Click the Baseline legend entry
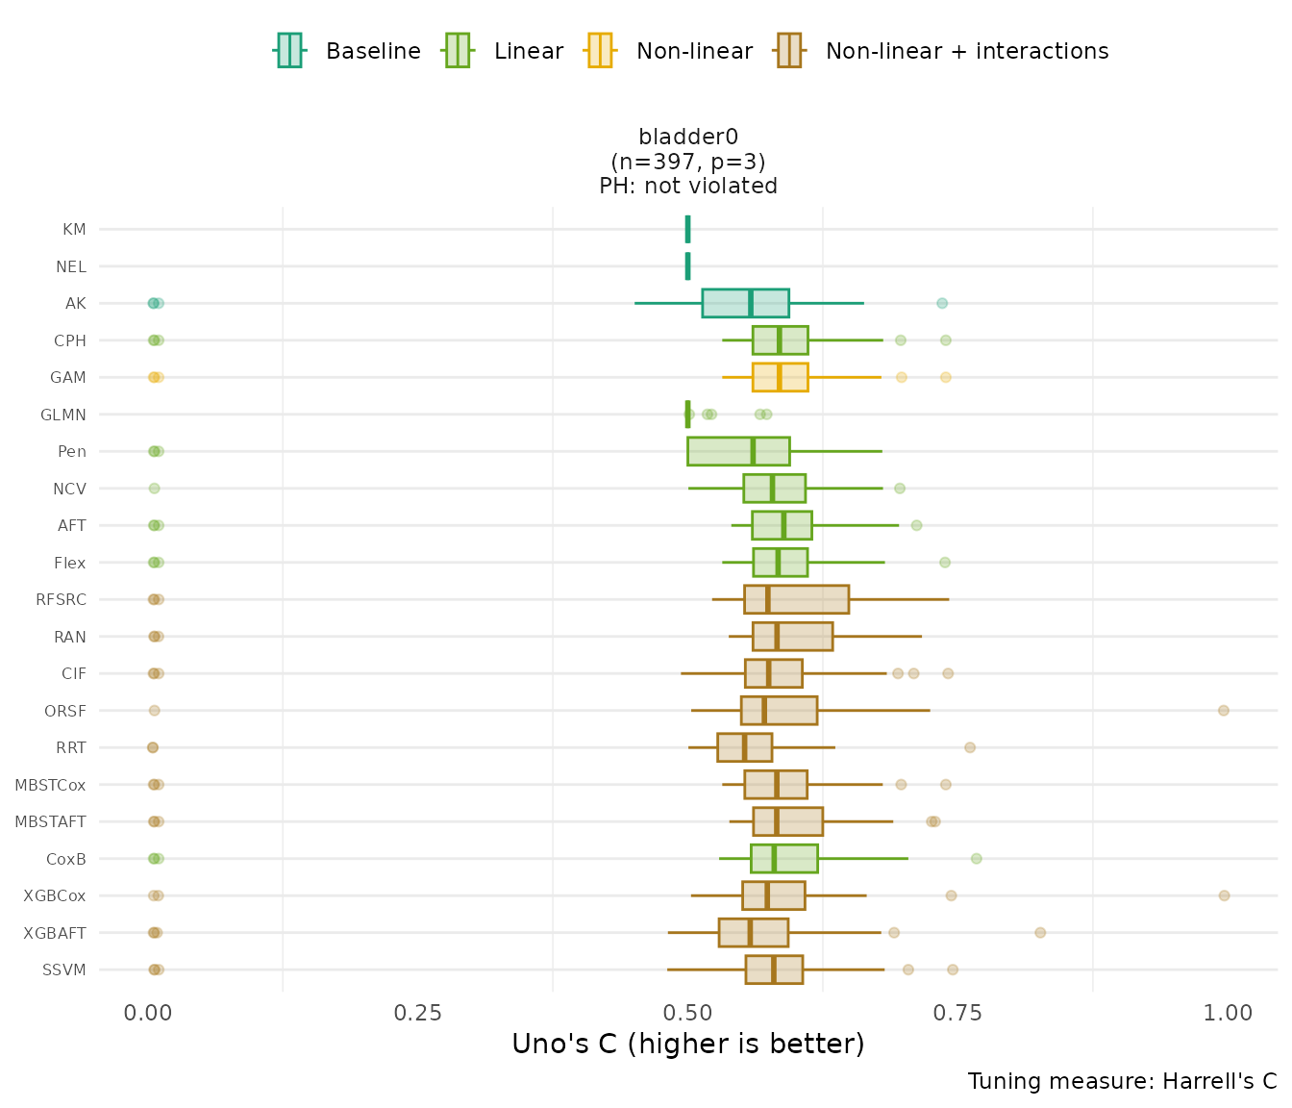(348, 51)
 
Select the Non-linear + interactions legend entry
(942, 51)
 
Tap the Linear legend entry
(504, 51)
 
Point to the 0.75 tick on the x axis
(958, 1013)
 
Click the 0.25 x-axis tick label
(417, 1013)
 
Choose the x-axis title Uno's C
(687, 1044)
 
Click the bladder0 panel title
(688, 138)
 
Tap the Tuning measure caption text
(1122, 1081)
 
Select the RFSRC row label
(62, 600)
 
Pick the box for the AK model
(745, 303)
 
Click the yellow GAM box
(780, 377)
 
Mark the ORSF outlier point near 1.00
(1223, 711)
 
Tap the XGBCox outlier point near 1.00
(1224, 895)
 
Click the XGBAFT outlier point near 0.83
(1040, 932)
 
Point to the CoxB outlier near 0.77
(977, 859)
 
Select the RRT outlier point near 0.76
(970, 747)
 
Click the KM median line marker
(687, 229)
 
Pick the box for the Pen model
(738, 451)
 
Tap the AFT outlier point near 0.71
(916, 525)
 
